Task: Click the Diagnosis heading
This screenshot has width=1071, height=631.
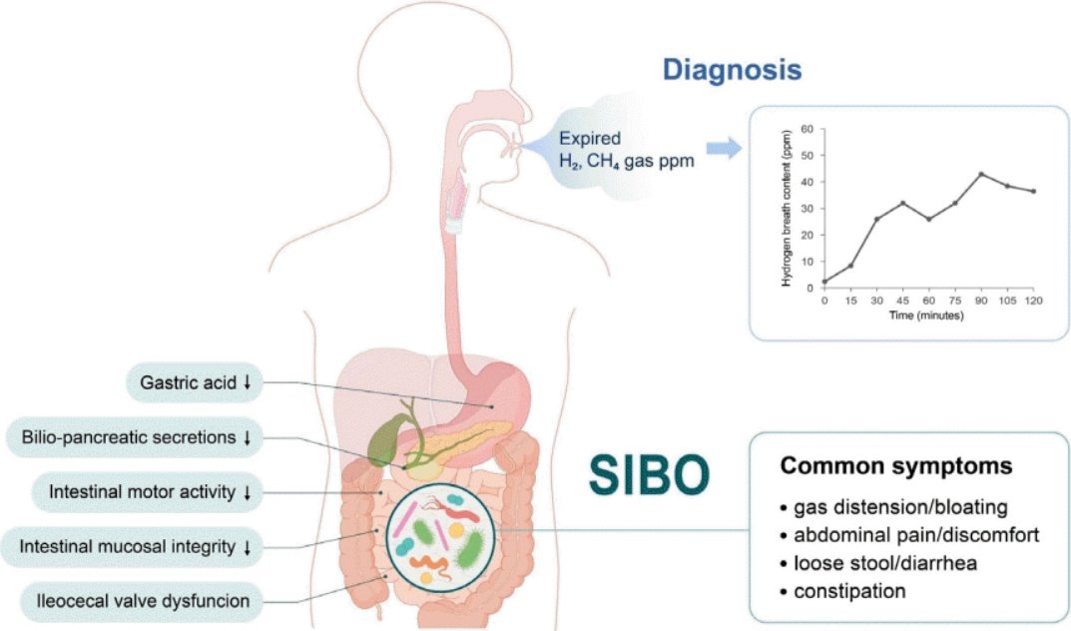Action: coord(733,71)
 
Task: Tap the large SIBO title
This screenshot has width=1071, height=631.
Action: coord(647,475)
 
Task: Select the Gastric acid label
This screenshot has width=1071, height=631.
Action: coord(189,381)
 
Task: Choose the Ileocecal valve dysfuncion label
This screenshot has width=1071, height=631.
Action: coord(142,600)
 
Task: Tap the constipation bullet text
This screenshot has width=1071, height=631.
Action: coord(849,591)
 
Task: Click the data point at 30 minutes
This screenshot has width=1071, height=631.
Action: coord(876,219)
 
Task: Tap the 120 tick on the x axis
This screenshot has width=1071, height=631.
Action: coord(1033,300)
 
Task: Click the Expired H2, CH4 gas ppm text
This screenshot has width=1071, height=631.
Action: coord(615,151)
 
